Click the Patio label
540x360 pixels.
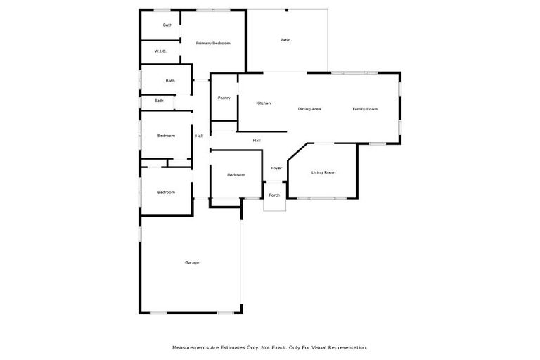click(x=285, y=40)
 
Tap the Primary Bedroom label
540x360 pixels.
click(x=213, y=44)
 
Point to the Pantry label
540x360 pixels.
click(x=224, y=98)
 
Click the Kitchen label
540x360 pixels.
click(x=263, y=103)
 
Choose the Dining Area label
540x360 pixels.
click(x=309, y=109)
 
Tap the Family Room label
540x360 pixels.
click(x=365, y=109)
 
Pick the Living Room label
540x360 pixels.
click(x=323, y=172)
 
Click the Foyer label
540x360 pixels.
click(x=276, y=168)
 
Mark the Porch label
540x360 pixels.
click(x=274, y=195)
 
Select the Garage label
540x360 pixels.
click(x=192, y=262)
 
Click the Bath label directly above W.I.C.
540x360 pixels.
click(x=167, y=25)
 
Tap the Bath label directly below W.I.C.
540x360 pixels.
click(x=170, y=81)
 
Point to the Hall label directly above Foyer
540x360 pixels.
click(x=257, y=141)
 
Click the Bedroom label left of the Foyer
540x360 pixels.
click(x=236, y=175)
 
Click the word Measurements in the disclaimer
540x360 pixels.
click(x=191, y=347)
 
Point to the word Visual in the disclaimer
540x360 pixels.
click(x=316, y=347)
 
